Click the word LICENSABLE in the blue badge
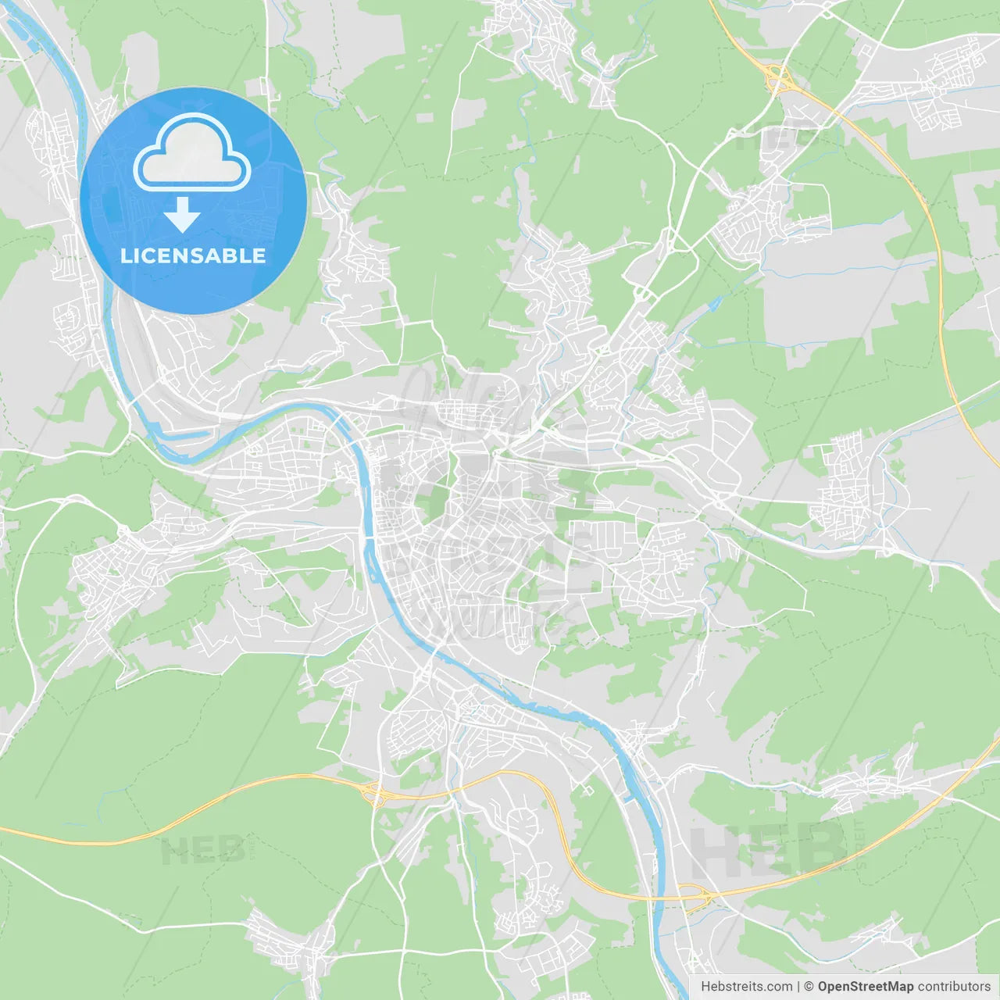193,256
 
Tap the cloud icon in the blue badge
192,154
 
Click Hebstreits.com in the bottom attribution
746,987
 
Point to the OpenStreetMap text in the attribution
865,987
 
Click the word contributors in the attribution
954,987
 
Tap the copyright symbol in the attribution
809,987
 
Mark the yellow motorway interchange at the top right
777,77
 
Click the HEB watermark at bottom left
203,850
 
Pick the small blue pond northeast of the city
713,303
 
